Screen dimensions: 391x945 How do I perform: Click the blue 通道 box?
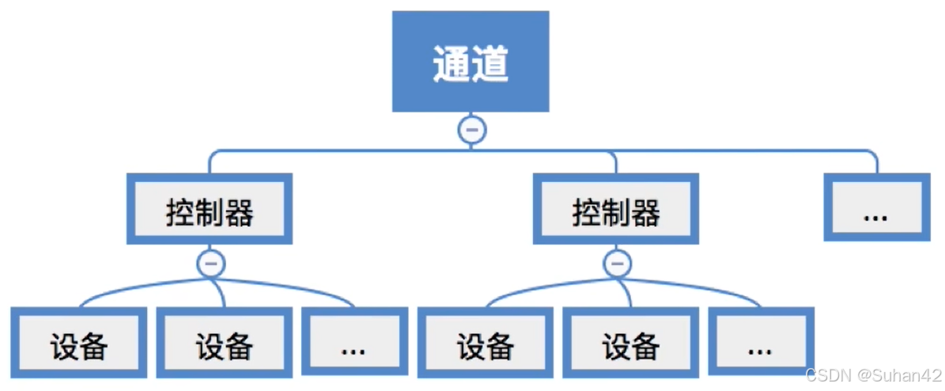[471, 61]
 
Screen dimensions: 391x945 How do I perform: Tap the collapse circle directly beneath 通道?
[472, 129]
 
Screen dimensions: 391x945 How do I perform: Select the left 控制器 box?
[210, 209]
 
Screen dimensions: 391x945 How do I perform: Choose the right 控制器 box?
[616, 209]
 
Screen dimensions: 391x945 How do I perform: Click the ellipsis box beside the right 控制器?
[875, 209]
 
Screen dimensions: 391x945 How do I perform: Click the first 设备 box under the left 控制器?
[79, 346]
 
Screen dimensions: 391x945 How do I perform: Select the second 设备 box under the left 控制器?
[225, 346]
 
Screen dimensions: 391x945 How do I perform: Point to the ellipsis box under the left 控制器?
[353, 346]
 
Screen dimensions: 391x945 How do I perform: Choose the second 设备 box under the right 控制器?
[631, 346]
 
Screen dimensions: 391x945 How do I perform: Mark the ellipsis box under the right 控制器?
[759, 346]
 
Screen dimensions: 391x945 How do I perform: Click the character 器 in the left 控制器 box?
[239, 212]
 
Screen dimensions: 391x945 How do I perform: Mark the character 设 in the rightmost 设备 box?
[616, 347]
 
